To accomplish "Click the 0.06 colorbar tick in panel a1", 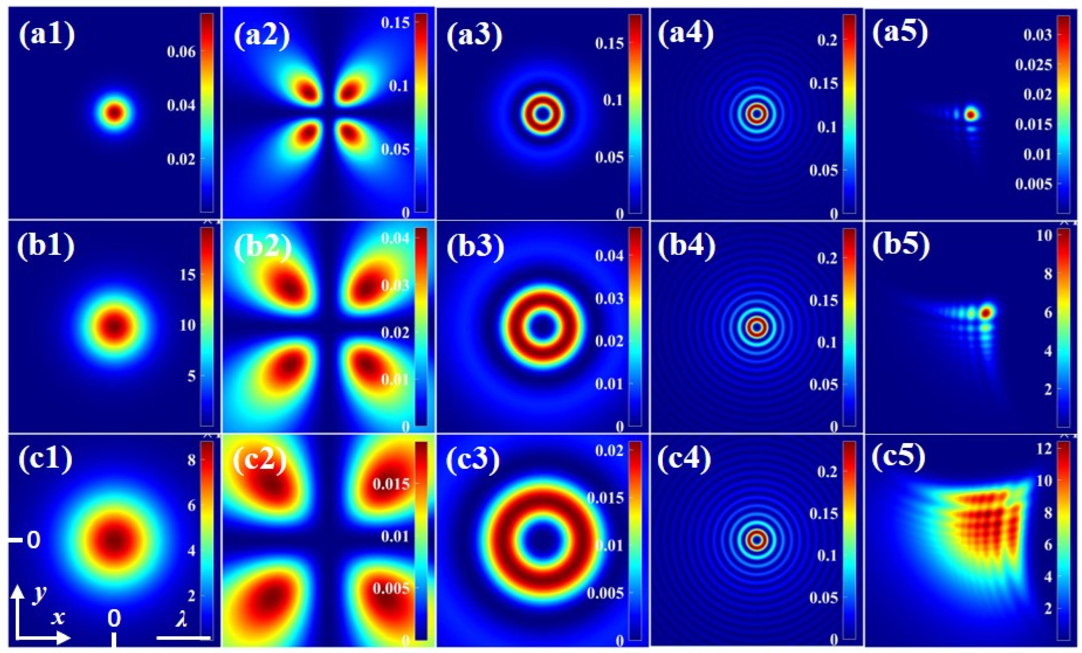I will click(x=181, y=52).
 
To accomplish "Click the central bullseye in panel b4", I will click(x=757, y=327).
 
